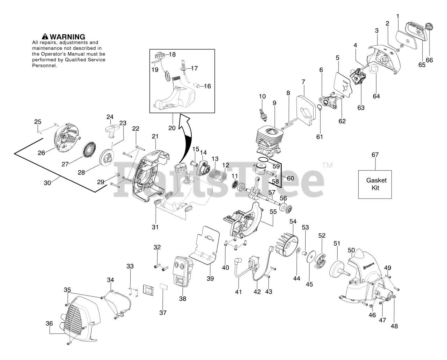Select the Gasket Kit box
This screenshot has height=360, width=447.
click(x=375, y=184)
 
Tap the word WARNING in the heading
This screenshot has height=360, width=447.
click(x=67, y=37)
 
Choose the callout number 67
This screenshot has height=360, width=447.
click(x=375, y=155)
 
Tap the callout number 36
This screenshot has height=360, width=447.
click(x=49, y=324)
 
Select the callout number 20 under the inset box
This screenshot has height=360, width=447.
click(x=172, y=128)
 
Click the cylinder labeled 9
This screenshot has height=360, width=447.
click(x=269, y=140)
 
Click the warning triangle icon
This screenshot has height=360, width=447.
click(x=45, y=37)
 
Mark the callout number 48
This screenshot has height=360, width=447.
click(x=394, y=326)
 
